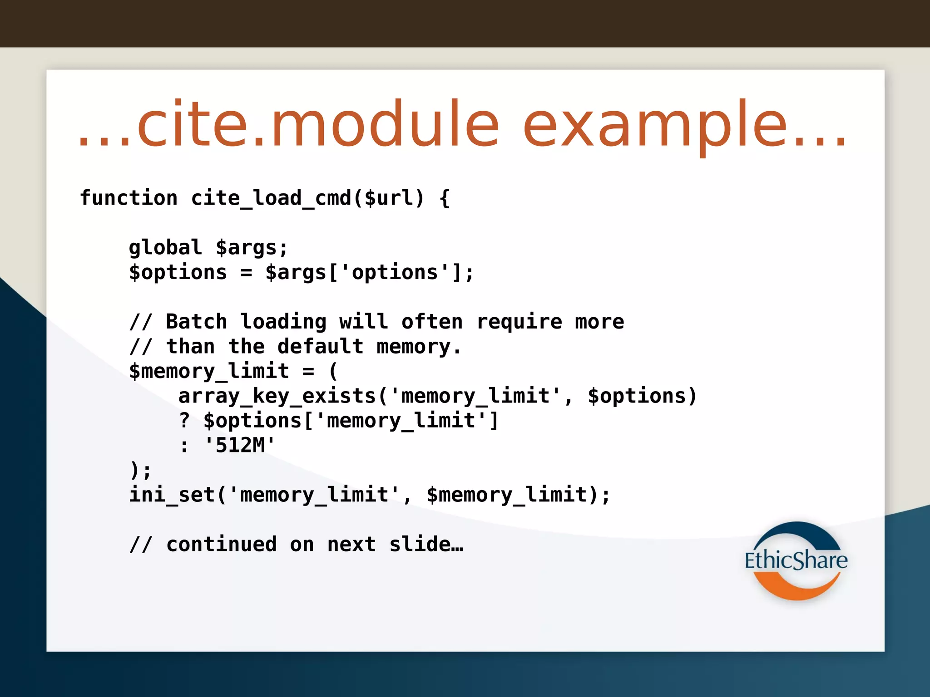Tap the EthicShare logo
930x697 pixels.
(x=796, y=560)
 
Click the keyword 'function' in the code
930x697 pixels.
(x=129, y=198)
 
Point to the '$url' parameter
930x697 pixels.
(x=389, y=198)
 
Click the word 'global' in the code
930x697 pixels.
(x=165, y=248)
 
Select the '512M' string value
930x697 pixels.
(x=240, y=445)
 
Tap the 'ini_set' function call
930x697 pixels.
(x=172, y=495)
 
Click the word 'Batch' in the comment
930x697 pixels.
(x=196, y=322)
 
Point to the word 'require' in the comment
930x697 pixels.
(x=519, y=322)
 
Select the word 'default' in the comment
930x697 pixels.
(x=321, y=347)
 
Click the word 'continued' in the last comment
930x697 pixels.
(x=222, y=544)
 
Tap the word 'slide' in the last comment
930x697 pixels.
(x=420, y=544)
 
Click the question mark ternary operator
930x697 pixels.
(x=184, y=421)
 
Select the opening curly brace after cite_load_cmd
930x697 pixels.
(x=445, y=198)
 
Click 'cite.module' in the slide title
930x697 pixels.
(x=318, y=125)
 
